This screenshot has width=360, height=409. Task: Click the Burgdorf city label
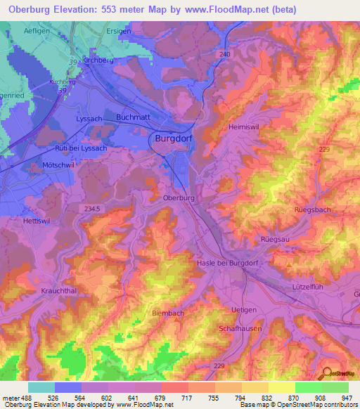[x=173, y=139]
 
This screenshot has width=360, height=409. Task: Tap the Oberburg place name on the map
[x=178, y=198]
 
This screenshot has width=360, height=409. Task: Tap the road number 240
[x=225, y=54]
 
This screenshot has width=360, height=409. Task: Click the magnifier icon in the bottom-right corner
[x=326, y=374]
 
